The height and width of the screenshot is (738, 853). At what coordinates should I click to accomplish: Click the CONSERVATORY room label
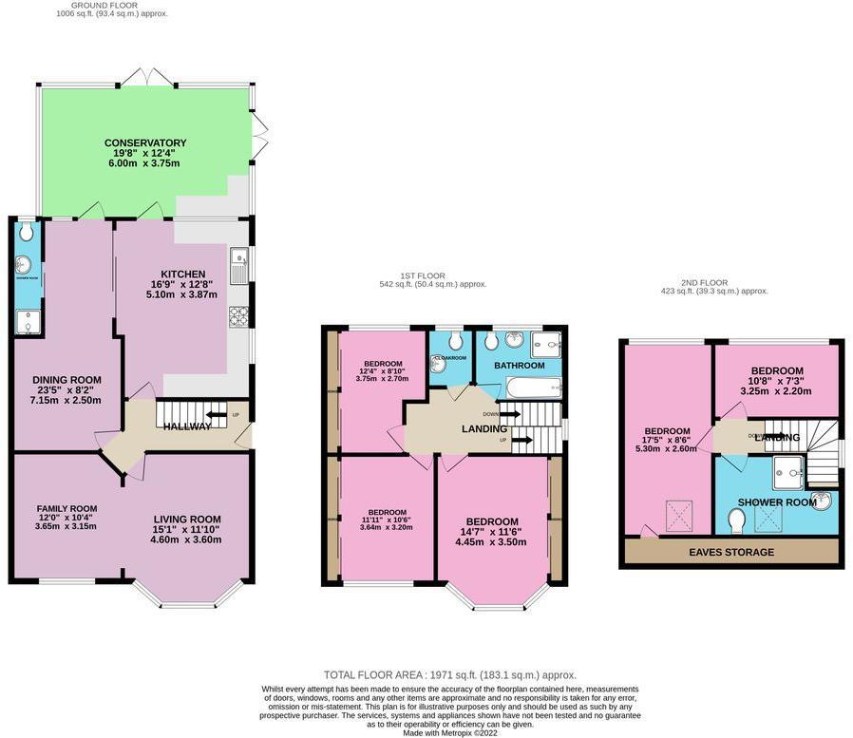pos(145,143)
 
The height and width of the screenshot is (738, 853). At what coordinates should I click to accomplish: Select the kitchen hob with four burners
pos(238,316)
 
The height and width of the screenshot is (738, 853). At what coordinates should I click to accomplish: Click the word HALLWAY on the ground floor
pos(186,426)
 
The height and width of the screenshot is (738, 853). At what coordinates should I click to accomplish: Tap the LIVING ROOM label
pos(186,520)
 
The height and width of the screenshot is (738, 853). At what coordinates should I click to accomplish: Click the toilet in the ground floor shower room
pos(26,232)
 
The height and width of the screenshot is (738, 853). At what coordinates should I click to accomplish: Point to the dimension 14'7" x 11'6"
pos(492,532)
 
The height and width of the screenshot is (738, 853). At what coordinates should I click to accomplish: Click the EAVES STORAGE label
pos(731,552)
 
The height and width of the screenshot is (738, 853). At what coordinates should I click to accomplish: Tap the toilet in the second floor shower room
pos(735,520)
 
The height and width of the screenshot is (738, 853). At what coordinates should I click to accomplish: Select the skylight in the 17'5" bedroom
pos(679,516)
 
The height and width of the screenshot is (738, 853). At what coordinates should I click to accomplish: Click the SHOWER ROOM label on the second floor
pos(777,502)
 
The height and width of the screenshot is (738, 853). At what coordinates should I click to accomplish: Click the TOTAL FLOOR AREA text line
pos(449,675)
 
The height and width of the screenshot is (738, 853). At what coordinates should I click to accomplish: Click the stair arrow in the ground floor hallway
pos(217,415)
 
